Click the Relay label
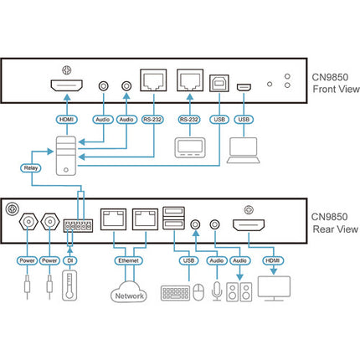point(31,168)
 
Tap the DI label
point(70,260)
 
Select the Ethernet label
point(128,260)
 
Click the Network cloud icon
point(129,291)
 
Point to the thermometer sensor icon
point(69,285)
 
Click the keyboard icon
point(175,293)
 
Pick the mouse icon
point(198,292)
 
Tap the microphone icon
point(217,291)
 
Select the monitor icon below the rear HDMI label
point(274,289)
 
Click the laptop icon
point(244,151)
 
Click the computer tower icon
point(66,156)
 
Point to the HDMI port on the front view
point(66,85)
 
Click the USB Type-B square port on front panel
point(219,83)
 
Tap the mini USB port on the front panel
point(244,87)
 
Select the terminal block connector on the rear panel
point(78,226)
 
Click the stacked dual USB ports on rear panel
point(173,218)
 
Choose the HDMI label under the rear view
point(273,260)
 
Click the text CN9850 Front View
point(336,83)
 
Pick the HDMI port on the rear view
point(249,225)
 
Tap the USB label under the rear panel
point(188,260)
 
